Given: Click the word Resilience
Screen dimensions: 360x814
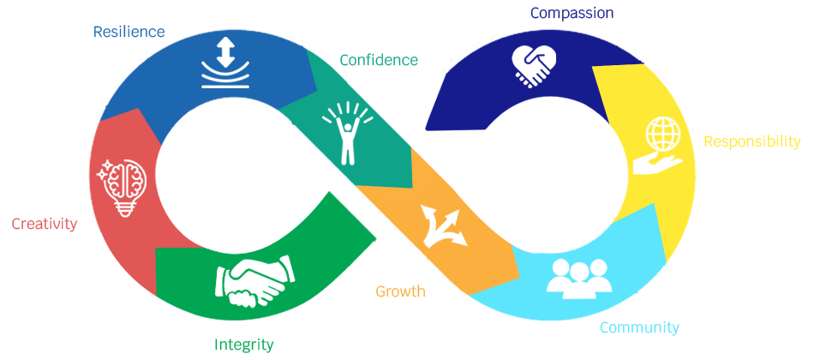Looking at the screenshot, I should coord(129,32).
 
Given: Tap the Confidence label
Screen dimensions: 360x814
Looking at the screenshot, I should coord(379,60).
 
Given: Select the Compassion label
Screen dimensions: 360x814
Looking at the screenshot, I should coord(572,13).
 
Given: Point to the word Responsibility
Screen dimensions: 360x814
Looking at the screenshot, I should coord(751,141).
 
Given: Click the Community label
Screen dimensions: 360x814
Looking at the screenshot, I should coord(638,327).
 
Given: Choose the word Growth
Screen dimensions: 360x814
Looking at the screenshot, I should coord(400,291).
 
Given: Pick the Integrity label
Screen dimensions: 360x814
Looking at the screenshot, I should coord(243,345).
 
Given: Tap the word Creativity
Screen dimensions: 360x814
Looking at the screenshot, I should coord(44,224).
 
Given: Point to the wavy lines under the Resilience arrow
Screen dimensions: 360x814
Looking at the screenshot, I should coord(225,80).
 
